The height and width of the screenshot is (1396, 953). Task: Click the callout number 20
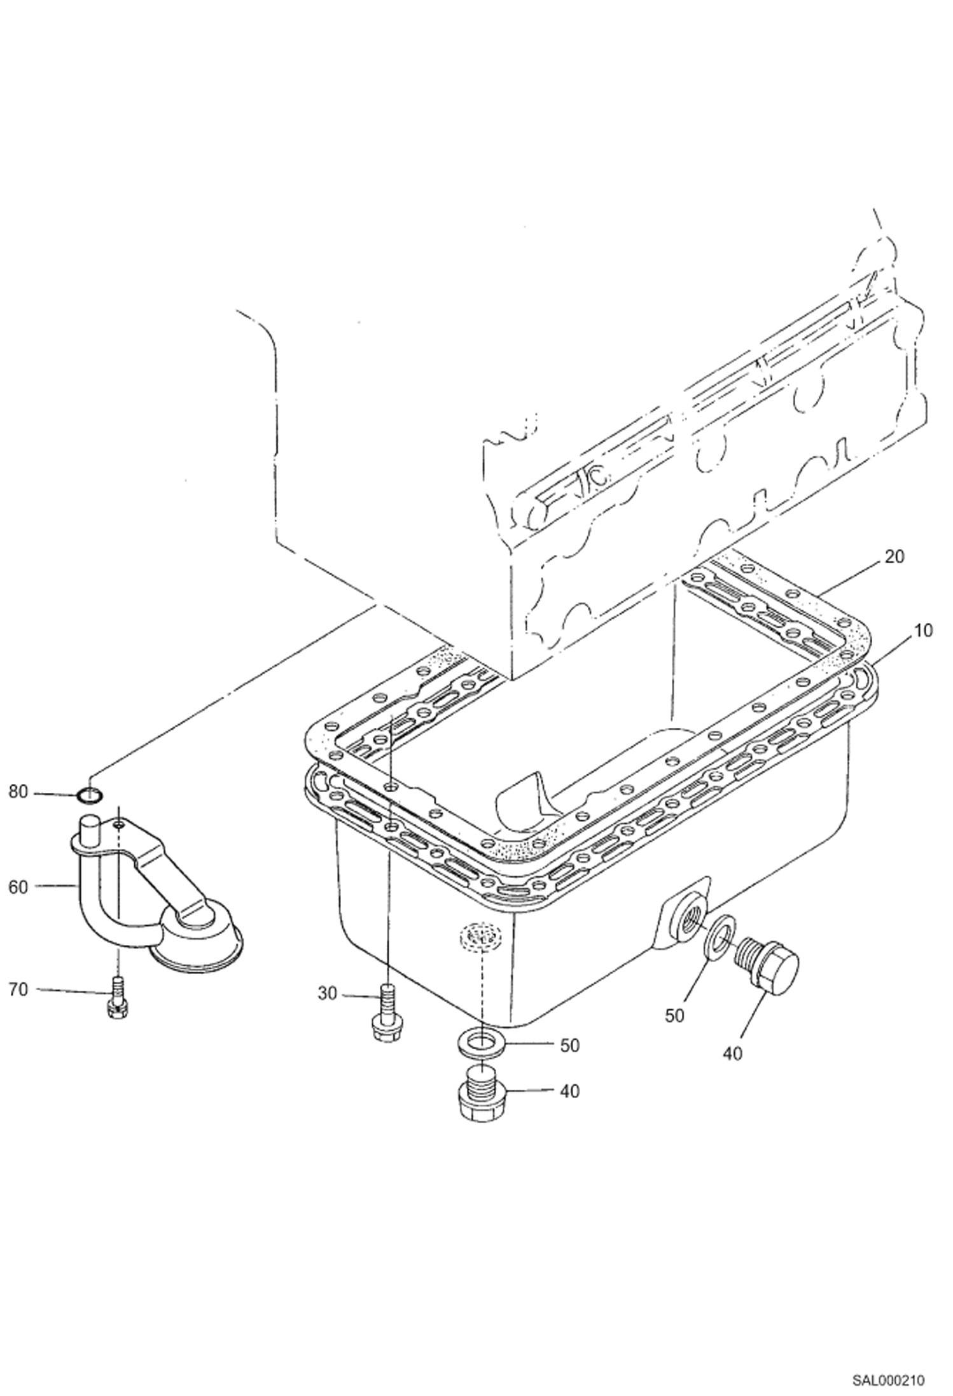[893, 556]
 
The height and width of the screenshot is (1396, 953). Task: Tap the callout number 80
[18, 792]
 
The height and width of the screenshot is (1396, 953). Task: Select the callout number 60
[18, 886]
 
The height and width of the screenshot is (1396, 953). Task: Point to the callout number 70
[18, 990]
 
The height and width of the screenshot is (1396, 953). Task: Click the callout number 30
[327, 993]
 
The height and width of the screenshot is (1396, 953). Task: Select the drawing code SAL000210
[888, 1376]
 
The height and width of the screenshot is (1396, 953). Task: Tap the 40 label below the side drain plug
[733, 1053]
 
